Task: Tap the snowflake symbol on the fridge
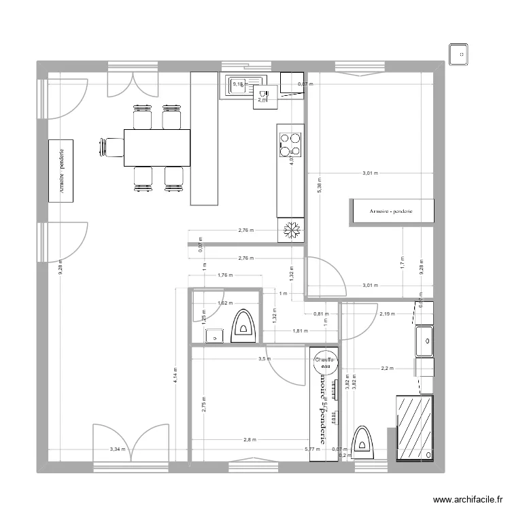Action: pyautogui.click(x=291, y=231)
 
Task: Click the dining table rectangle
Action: pyautogui.click(x=156, y=147)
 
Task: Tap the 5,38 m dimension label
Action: pyautogui.click(x=319, y=185)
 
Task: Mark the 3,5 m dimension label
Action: pyautogui.click(x=263, y=359)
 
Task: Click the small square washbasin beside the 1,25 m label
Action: pyautogui.click(x=214, y=336)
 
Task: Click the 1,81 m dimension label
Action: pyautogui.click(x=300, y=331)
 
